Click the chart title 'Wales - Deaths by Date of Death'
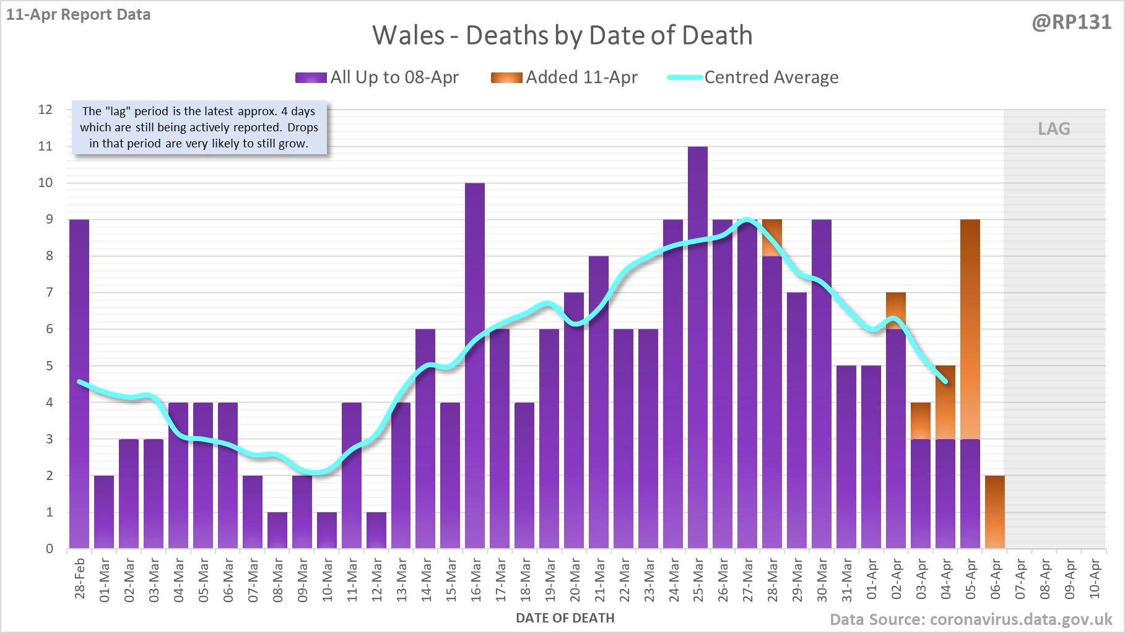562,35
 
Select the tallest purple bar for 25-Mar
698,347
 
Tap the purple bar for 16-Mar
475,365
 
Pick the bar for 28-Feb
79,384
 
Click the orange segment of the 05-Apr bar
970,328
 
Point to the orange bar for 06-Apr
995,512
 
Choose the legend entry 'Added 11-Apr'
565,77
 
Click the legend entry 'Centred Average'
754,77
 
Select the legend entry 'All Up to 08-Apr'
377,77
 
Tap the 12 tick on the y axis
46,110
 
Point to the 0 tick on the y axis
50,549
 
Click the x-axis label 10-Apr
1095,579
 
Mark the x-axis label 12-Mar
376,579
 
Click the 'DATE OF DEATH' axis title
565,618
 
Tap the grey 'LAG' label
1054,129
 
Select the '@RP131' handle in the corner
1072,22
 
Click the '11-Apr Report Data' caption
79,15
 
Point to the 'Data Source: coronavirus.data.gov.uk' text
971,619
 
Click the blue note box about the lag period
199,128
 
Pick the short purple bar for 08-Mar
277,530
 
